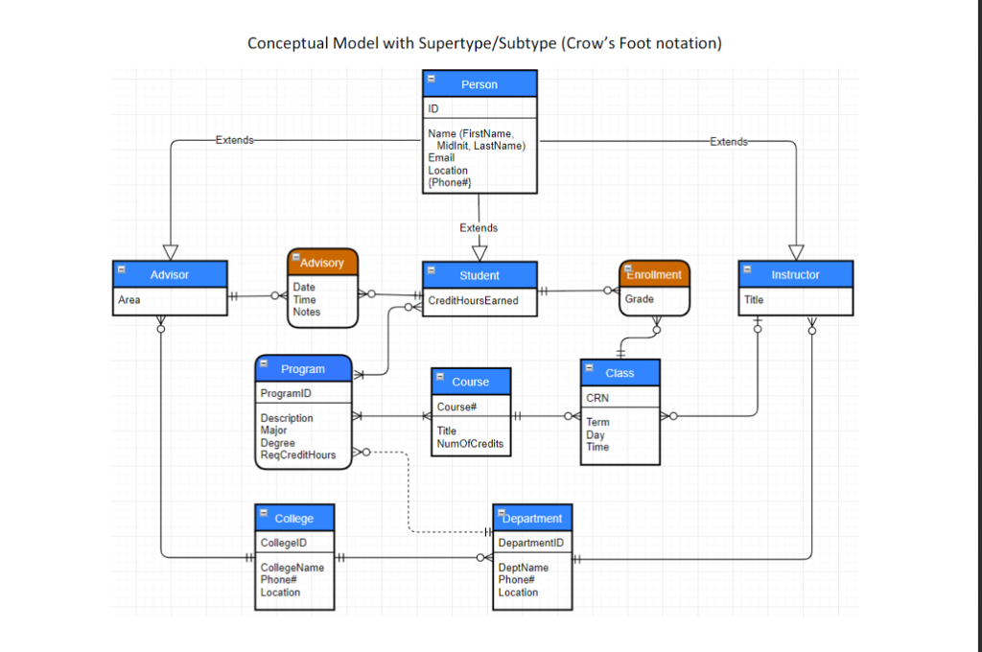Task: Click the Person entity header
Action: (479, 84)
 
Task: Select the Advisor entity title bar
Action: (170, 274)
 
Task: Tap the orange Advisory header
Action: (322, 263)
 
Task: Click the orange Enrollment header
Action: (654, 274)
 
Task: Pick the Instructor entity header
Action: (795, 274)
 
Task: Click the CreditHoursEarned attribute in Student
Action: (473, 301)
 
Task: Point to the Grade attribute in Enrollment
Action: (640, 299)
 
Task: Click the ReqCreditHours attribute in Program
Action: (298, 455)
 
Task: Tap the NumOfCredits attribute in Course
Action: (470, 444)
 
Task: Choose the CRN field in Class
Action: (597, 398)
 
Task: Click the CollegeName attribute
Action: (292, 568)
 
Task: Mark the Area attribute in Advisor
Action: (129, 300)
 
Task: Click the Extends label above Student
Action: (479, 228)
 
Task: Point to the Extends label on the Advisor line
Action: (234, 140)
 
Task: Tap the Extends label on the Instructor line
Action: (728, 142)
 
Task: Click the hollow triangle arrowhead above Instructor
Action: (796, 252)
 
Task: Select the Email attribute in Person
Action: (441, 158)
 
